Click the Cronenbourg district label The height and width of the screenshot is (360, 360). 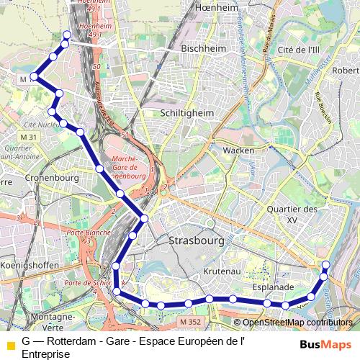pos(51,177)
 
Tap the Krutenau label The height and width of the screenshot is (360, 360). pos(222,273)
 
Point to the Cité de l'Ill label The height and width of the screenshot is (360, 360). pos(298,49)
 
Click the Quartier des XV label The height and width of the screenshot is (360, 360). pos(292,214)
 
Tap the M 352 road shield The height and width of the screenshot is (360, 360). pos(190,321)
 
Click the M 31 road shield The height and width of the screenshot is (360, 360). pos(29,137)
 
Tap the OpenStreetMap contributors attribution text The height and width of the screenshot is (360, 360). pos(297,323)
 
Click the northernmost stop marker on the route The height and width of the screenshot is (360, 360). pos(68,35)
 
